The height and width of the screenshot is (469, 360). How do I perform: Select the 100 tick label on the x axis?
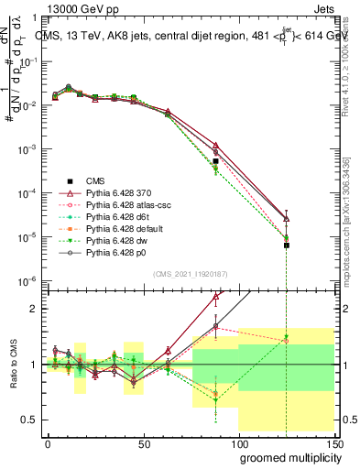coord(239,443)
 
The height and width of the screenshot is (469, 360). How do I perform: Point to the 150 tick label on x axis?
coord(334,443)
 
